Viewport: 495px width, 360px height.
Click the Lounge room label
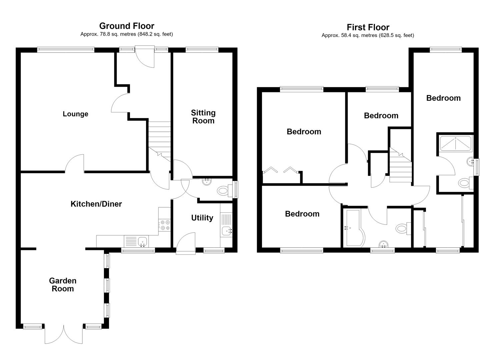click(x=75, y=114)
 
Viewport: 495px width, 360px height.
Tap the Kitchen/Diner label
click(x=96, y=204)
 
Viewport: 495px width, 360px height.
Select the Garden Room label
click(x=63, y=285)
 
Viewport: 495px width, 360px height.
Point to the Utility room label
click(x=202, y=218)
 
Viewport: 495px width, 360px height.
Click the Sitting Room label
click(x=203, y=117)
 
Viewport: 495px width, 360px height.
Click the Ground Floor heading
click(x=127, y=26)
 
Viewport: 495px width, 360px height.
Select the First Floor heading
click(x=368, y=27)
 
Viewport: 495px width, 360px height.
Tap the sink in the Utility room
click(x=227, y=231)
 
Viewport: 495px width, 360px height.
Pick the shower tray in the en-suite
click(x=455, y=144)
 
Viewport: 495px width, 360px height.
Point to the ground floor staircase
click(x=160, y=141)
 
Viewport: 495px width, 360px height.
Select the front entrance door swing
click(x=145, y=57)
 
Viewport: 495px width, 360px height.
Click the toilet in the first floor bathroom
click(x=403, y=229)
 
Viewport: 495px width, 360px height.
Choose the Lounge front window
click(x=66, y=50)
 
